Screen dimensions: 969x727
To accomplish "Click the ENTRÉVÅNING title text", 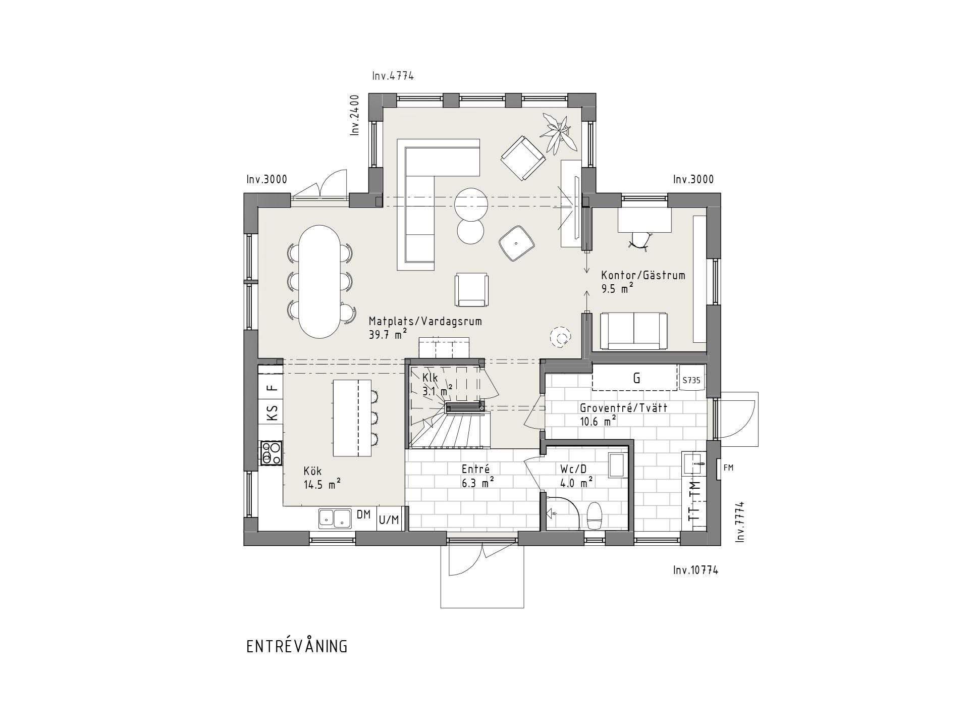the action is click(297, 647).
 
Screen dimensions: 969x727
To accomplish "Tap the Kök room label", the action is click(312, 471).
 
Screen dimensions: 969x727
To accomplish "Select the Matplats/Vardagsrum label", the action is click(425, 322).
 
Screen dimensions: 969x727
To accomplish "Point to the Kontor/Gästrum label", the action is click(643, 275).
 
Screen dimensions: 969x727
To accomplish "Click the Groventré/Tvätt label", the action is click(624, 408).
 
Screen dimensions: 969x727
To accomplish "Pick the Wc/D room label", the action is click(573, 469).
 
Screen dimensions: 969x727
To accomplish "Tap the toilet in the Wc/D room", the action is click(595, 515).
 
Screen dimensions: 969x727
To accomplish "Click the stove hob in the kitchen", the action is click(271, 453).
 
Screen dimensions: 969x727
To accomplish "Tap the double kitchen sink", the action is click(335, 518).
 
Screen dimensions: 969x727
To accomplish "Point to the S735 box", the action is click(691, 380).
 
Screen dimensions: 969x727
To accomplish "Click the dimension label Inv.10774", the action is click(695, 570).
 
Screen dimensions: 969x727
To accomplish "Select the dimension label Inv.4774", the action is click(393, 76).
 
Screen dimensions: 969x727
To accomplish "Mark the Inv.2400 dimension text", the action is click(355, 115).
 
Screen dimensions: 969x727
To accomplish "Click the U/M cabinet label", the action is click(389, 520).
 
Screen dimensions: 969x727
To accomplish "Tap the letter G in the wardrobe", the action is click(637, 378).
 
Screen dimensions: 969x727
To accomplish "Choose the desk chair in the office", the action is click(640, 241).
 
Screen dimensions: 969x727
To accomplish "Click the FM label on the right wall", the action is click(728, 468).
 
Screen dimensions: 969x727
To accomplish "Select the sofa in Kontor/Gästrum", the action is click(633, 331).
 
